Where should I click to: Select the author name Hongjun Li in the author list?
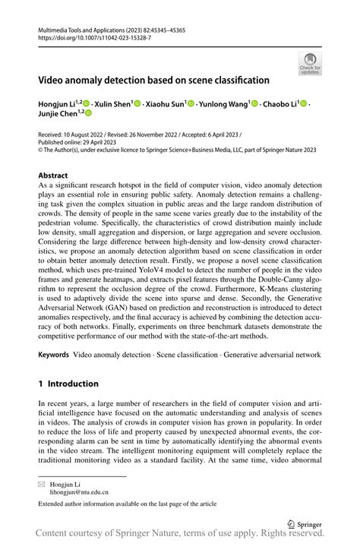[x=58, y=103]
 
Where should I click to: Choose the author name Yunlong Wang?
[x=226, y=103]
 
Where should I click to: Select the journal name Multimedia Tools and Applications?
[x=80, y=27]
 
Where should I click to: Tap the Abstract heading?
[x=53, y=176]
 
